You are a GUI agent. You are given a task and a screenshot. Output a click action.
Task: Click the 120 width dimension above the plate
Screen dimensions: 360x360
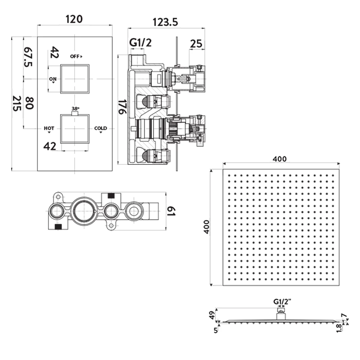[x=74, y=19]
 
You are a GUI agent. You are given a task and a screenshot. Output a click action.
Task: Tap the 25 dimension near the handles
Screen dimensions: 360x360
[x=196, y=44]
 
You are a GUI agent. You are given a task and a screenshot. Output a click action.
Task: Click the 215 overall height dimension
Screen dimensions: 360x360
[x=17, y=103]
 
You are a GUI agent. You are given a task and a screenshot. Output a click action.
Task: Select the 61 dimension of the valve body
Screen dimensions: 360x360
[x=172, y=212]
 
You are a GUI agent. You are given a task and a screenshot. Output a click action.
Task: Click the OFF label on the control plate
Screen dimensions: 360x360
[x=76, y=56]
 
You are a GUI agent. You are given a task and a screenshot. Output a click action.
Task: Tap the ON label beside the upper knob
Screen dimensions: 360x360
[x=53, y=79]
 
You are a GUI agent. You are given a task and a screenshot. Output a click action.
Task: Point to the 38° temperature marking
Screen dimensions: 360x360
[x=75, y=109]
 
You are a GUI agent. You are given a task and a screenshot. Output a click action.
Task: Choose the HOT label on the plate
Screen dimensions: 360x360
[x=49, y=128]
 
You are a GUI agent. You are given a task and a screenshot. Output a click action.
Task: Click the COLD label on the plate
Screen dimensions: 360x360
[x=101, y=128]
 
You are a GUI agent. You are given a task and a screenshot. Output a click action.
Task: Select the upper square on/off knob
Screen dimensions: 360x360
[x=75, y=79]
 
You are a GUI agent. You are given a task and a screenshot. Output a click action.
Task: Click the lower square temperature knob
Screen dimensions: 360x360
[x=75, y=128]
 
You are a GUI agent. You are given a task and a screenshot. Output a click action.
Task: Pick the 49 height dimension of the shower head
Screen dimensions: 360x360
[x=212, y=315]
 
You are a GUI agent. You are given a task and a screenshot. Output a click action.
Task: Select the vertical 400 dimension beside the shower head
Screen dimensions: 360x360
[x=206, y=227]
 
